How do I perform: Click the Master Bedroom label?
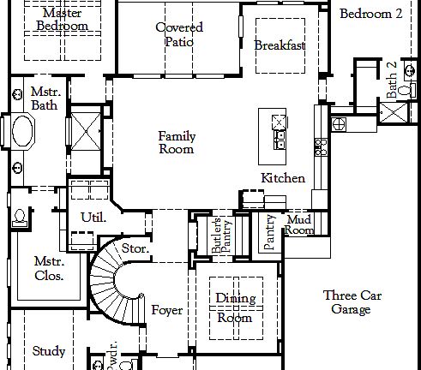[62, 20]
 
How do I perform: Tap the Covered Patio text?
[179, 34]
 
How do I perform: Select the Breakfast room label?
[280, 45]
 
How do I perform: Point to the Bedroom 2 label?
[370, 14]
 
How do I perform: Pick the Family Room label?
[176, 142]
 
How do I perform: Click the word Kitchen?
[283, 178]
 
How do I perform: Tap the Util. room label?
[93, 218]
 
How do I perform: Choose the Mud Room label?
[298, 225]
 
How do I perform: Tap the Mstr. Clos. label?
[49, 268]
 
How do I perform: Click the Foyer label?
[166, 310]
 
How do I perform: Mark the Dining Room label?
[234, 307]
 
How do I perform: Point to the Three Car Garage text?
[352, 302]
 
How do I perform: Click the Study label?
[49, 351]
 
